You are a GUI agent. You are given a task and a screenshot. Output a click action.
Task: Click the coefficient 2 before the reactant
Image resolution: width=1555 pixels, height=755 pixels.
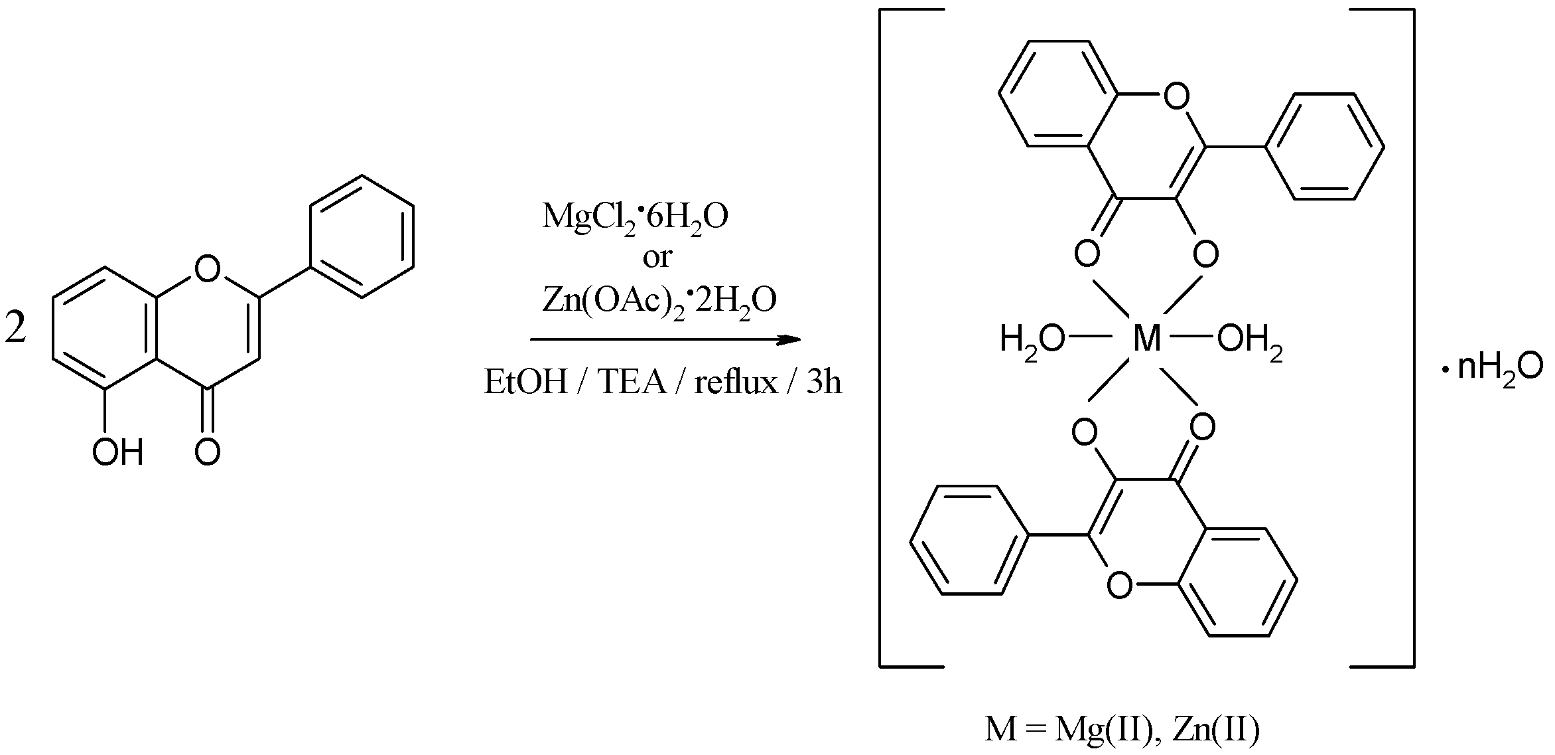pos(16,329)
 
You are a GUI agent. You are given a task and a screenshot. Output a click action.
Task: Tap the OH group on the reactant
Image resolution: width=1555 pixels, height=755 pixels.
pos(118,453)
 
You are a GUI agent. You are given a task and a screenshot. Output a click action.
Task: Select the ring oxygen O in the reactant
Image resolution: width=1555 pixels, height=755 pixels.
pos(208,268)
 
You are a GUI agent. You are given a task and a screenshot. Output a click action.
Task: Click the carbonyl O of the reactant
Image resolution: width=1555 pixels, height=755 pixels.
pos(208,453)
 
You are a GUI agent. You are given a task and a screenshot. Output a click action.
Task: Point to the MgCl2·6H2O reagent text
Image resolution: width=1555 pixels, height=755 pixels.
pos(635,217)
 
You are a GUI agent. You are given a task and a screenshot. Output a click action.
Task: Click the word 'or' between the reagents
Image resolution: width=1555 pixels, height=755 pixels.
pos(657,257)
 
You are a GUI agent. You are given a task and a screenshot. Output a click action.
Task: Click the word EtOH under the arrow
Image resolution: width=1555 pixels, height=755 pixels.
pos(525,382)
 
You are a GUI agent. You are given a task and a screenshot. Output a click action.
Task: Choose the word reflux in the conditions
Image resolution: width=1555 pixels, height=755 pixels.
pos(736,382)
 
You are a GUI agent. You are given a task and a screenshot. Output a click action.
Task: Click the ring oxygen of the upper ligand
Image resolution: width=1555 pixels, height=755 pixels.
pos(1176,98)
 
